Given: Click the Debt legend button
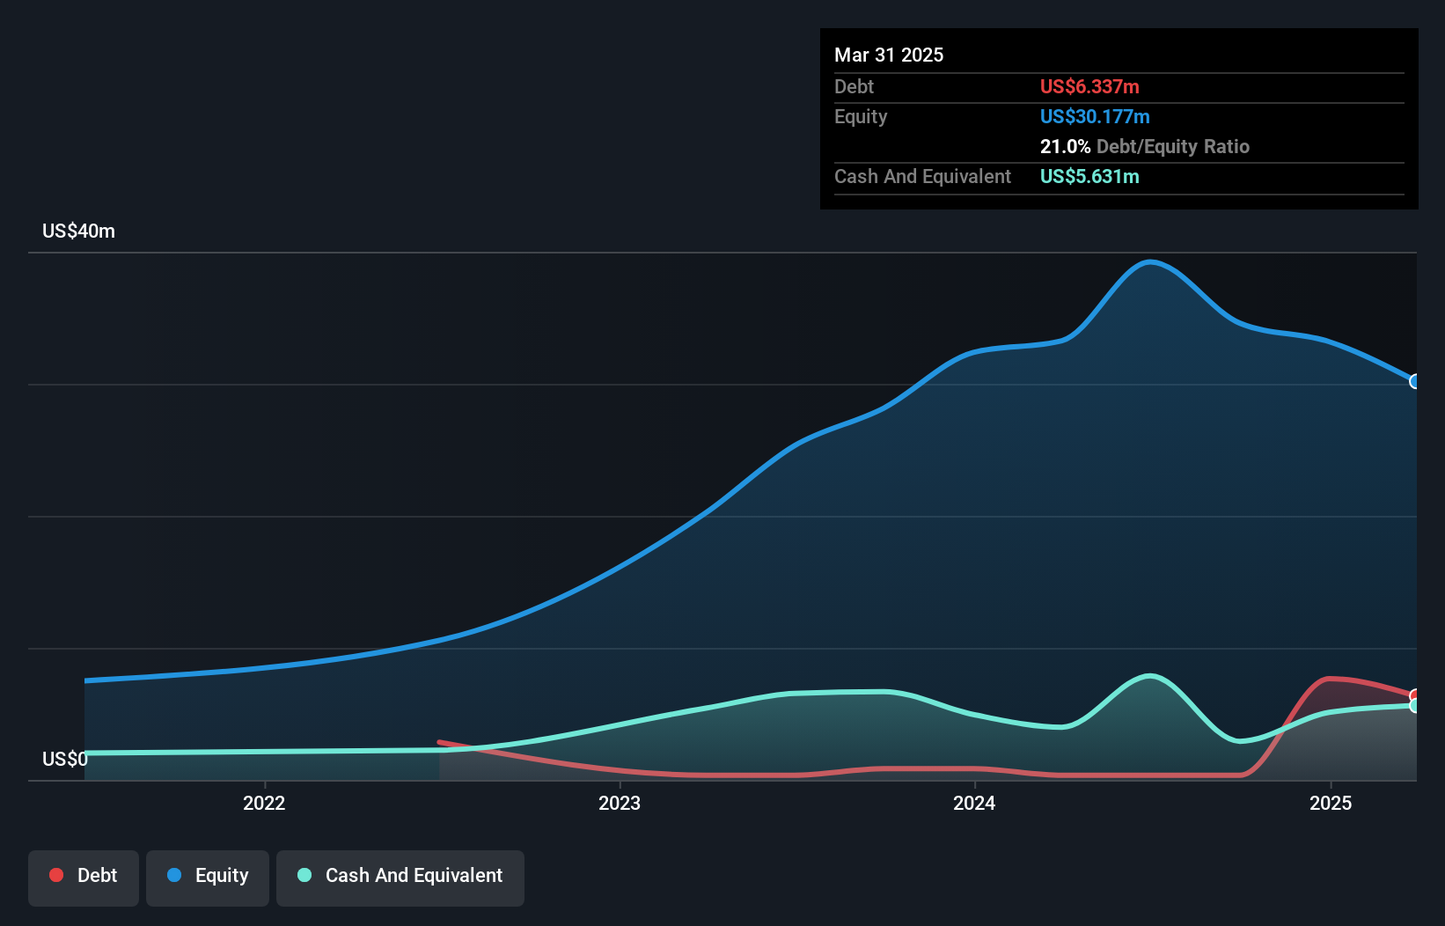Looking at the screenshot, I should [84, 877].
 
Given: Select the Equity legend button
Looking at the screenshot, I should [208, 877].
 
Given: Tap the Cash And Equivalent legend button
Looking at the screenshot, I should [400, 877].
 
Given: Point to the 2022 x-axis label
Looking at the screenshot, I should [264, 803].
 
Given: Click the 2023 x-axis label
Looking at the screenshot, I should [620, 803].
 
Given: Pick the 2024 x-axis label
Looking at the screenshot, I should [974, 803].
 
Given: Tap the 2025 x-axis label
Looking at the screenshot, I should [1330, 803].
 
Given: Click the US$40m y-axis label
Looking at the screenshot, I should [78, 231].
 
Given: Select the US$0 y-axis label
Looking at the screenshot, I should [64, 759].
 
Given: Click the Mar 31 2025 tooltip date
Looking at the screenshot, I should [889, 55].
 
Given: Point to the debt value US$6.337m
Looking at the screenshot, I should [1089, 87].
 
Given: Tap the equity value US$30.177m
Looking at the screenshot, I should [1095, 117].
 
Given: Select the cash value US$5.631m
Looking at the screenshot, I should [1089, 177].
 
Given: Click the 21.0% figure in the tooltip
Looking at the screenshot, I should [1065, 147].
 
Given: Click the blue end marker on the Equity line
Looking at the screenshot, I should [1415, 381].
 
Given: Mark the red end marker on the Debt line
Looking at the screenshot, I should [1415, 696].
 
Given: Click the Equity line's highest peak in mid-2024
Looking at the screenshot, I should [1150, 261].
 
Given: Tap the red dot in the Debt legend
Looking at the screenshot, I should [56, 875].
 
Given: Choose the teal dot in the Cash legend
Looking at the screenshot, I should [304, 875].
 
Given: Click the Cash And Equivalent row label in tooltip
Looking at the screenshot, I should [922, 177].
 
